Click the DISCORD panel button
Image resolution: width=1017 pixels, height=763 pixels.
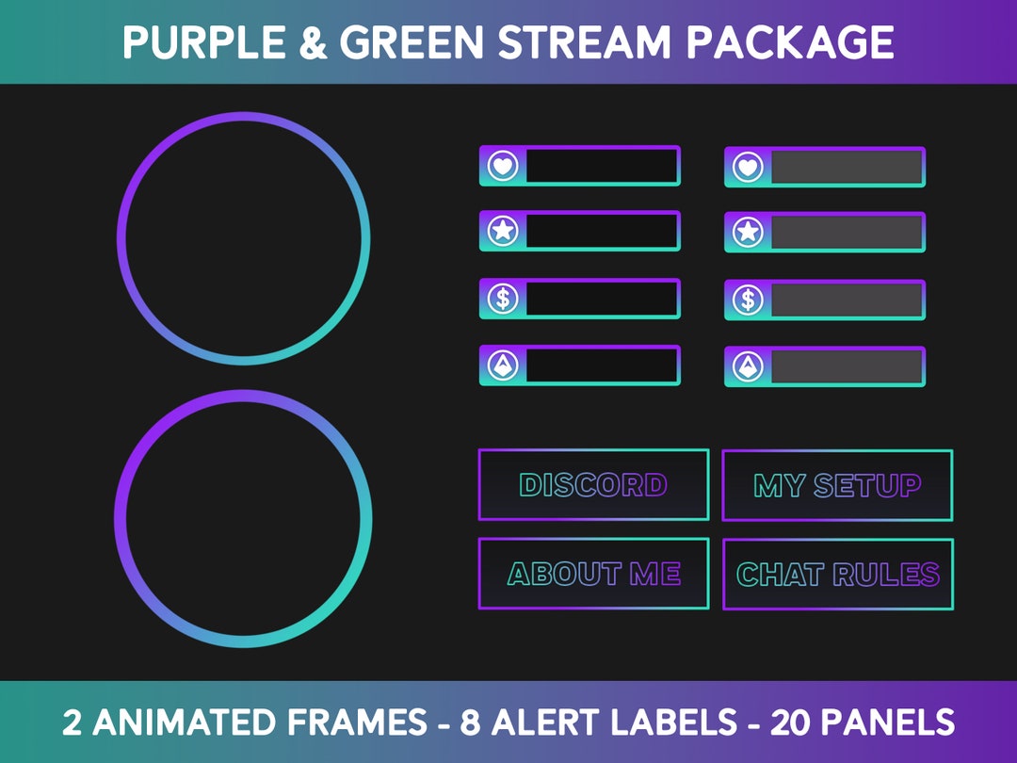(593, 485)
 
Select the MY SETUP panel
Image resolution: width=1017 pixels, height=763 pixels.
(837, 485)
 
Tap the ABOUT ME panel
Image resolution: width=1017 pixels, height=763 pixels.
(593, 574)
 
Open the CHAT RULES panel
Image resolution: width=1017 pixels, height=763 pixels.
(837, 574)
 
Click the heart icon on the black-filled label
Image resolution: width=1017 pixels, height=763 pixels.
(503, 167)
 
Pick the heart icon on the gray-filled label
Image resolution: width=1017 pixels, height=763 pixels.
(748, 167)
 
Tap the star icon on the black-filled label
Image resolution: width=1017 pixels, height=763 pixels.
(503, 231)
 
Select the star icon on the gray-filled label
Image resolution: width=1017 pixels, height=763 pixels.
(748, 232)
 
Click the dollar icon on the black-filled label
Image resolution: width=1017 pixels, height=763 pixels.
(503, 299)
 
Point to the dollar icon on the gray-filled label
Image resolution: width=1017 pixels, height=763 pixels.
(748, 300)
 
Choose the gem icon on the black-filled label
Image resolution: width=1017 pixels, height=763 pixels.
(503, 365)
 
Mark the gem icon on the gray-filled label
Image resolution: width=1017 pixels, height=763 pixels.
(748, 366)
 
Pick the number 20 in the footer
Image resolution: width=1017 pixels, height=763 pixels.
(793, 722)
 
